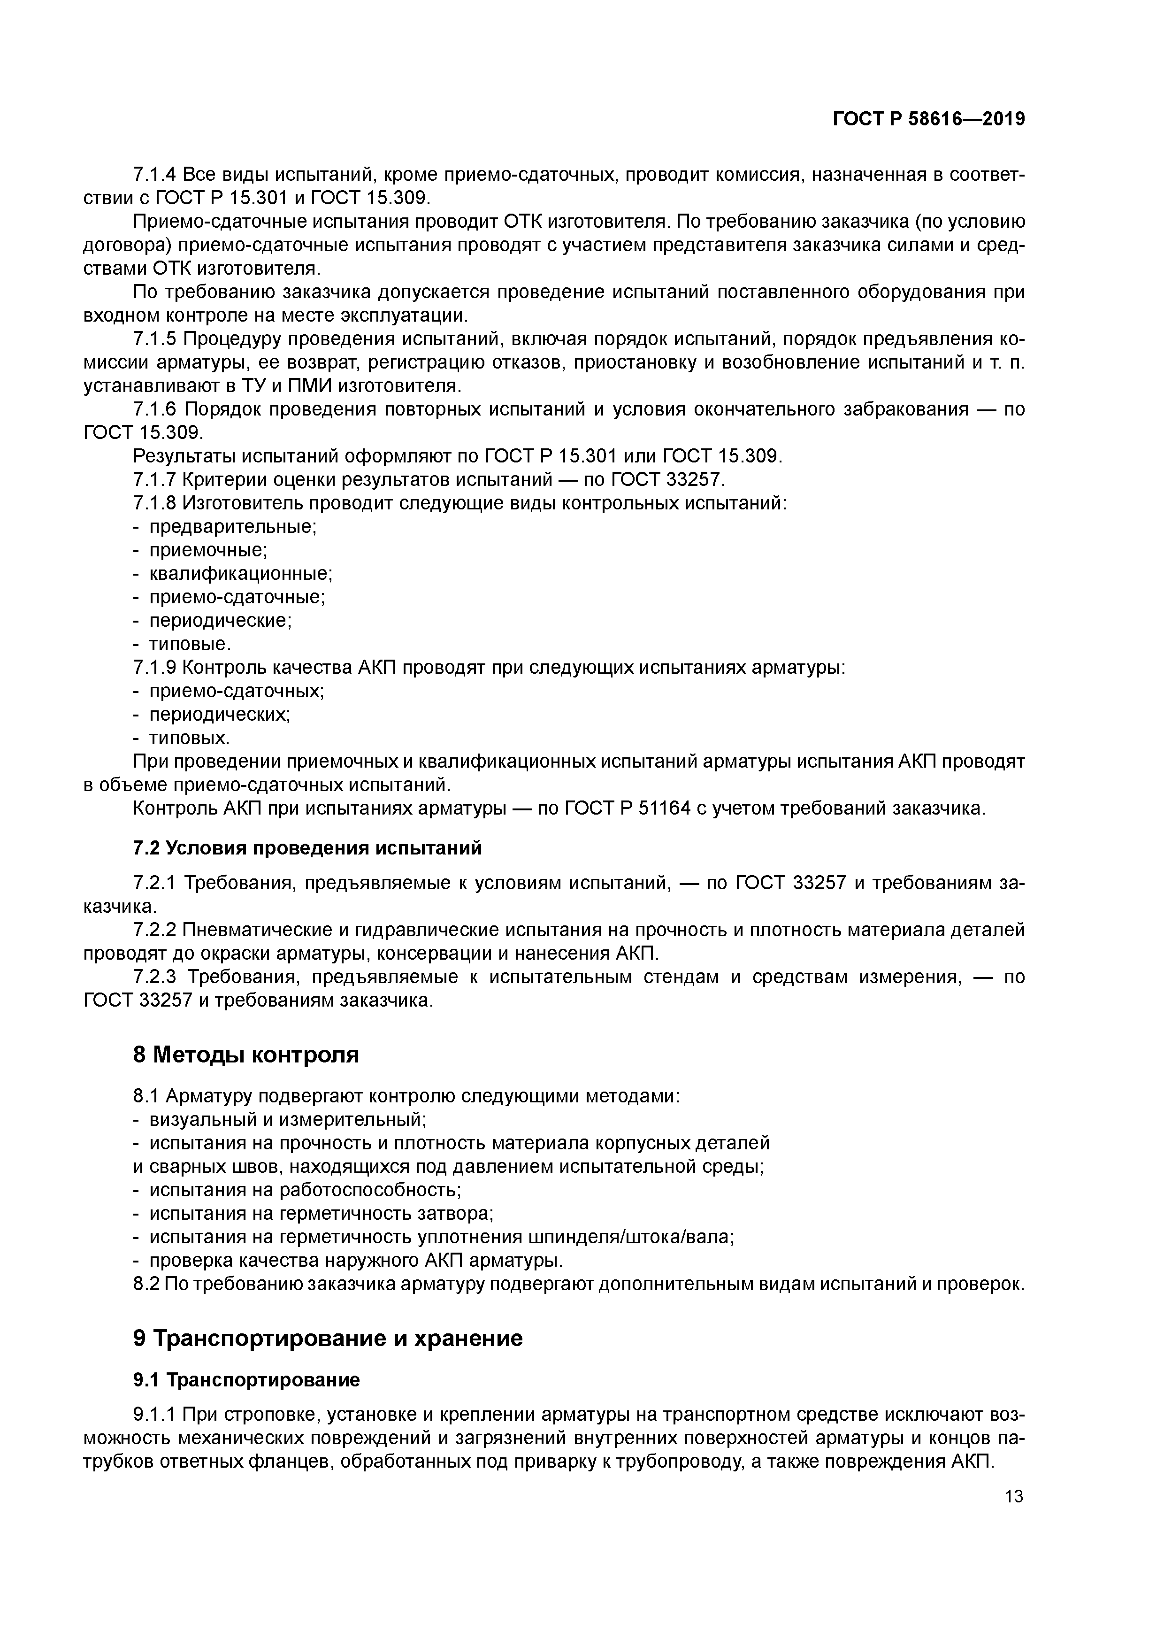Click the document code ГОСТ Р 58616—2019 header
pyautogui.click(x=928, y=119)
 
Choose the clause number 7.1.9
pyautogui.click(x=154, y=667)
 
